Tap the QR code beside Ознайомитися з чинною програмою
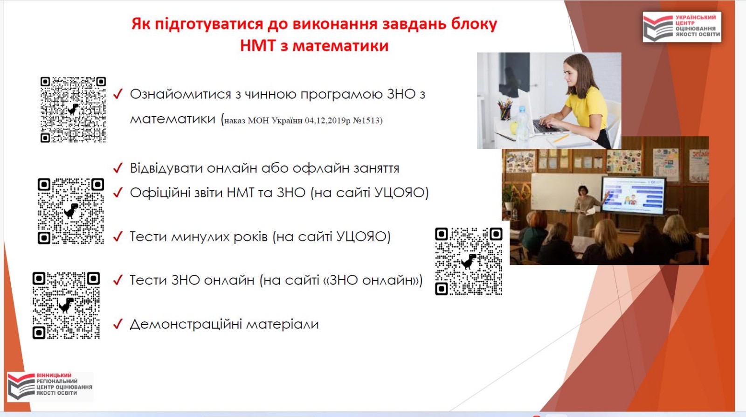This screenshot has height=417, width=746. tap(73, 110)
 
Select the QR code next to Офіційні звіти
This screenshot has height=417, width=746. tap(71, 211)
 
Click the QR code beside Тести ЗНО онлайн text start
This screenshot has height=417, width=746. tap(66, 306)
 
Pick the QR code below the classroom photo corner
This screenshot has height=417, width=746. tap(469, 262)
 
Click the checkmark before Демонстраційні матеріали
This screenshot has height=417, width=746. tap(118, 324)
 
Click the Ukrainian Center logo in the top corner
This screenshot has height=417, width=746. tap(682, 27)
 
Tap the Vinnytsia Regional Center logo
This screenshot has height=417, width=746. tap(50, 386)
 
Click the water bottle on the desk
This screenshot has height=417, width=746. tap(522, 123)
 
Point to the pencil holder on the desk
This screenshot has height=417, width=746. tap(505, 111)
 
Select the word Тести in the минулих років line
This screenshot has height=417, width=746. tap(148, 236)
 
